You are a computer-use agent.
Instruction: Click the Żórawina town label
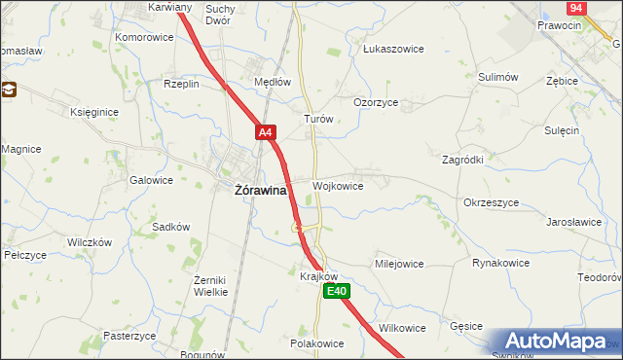click(x=260, y=191)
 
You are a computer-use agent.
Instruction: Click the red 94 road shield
click(x=575, y=8)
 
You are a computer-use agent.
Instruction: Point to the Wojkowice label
click(x=339, y=185)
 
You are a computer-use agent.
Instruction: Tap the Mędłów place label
click(x=273, y=83)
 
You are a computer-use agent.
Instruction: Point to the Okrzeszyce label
click(x=491, y=203)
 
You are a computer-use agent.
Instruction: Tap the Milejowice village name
click(x=399, y=264)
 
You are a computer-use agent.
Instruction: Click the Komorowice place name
click(x=144, y=37)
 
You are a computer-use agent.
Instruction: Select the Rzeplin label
click(x=181, y=84)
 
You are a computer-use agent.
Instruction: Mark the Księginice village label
click(x=94, y=112)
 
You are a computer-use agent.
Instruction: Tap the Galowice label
click(x=151, y=180)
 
